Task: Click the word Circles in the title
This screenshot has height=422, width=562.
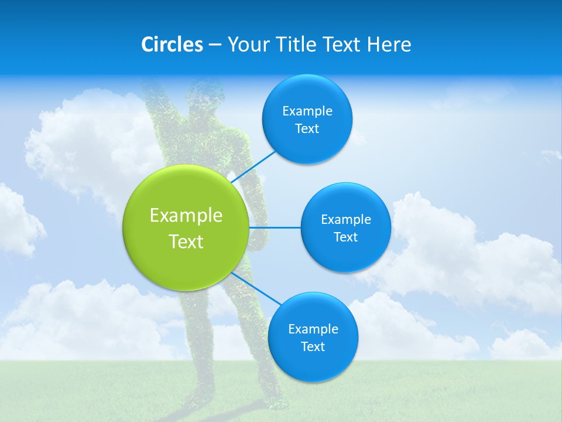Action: point(172,45)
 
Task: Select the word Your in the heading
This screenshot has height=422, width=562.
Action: point(246,45)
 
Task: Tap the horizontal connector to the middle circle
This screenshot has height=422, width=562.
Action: point(275,227)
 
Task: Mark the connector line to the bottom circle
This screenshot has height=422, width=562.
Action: point(256,288)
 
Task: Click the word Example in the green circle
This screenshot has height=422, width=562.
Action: point(186,216)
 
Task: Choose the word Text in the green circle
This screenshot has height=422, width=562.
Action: point(186,241)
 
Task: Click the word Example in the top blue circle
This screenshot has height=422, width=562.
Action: point(307,111)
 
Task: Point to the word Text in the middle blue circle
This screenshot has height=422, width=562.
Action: point(345,237)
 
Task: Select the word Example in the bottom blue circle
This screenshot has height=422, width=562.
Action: point(313,329)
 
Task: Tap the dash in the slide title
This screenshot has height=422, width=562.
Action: point(214,45)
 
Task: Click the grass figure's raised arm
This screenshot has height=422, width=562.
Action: point(153,105)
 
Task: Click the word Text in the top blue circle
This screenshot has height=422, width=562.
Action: point(307,129)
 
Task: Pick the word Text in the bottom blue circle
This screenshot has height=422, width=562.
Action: point(313,347)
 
